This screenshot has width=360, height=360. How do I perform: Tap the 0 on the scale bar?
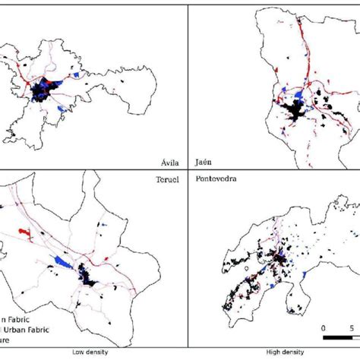(324, 329)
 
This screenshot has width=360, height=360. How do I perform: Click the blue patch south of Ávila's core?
(60, 109)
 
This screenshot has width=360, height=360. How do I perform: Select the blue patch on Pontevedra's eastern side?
(305, 273)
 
